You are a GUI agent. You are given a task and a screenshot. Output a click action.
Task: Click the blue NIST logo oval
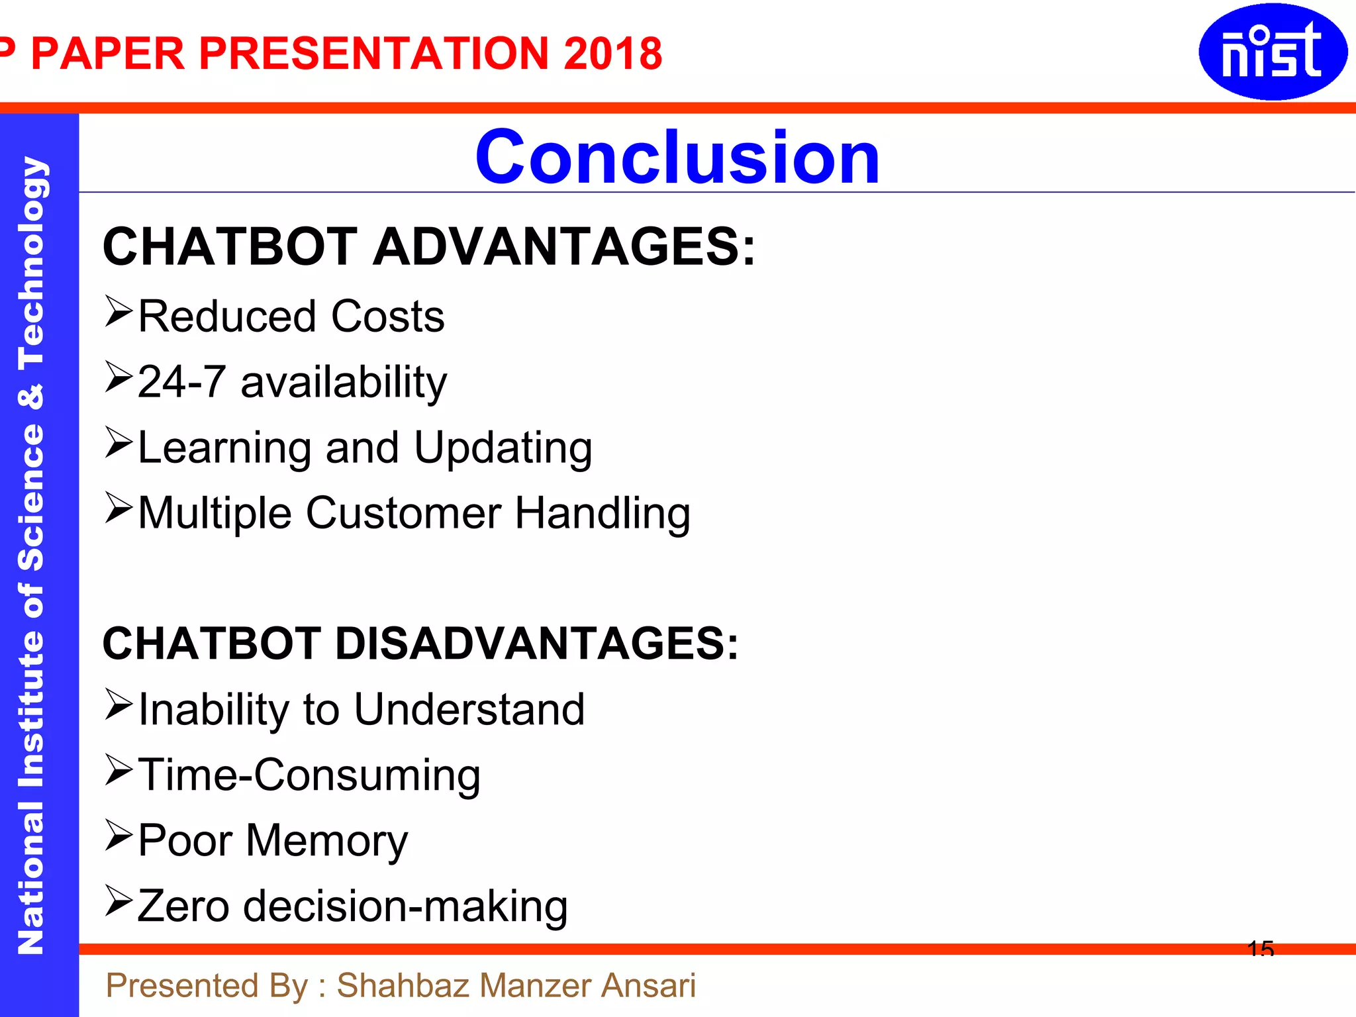coord(1272,52)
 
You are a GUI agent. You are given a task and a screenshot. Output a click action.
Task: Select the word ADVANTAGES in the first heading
coord(563,247)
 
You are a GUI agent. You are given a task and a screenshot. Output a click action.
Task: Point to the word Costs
coord(387,316)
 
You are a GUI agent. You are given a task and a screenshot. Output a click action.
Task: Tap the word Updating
coord(503,449)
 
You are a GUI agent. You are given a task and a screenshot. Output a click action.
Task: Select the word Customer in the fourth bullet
coord(403,513)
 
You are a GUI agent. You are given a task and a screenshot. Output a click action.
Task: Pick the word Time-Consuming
coord(309,775)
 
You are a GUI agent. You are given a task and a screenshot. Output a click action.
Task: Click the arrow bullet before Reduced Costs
coord(119,312)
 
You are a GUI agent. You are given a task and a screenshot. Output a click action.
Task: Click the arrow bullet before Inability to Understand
coord(119,704)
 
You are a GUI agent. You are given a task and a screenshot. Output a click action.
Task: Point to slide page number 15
coord(1260,949)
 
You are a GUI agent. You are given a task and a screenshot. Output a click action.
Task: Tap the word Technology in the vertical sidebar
coord(31,263)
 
